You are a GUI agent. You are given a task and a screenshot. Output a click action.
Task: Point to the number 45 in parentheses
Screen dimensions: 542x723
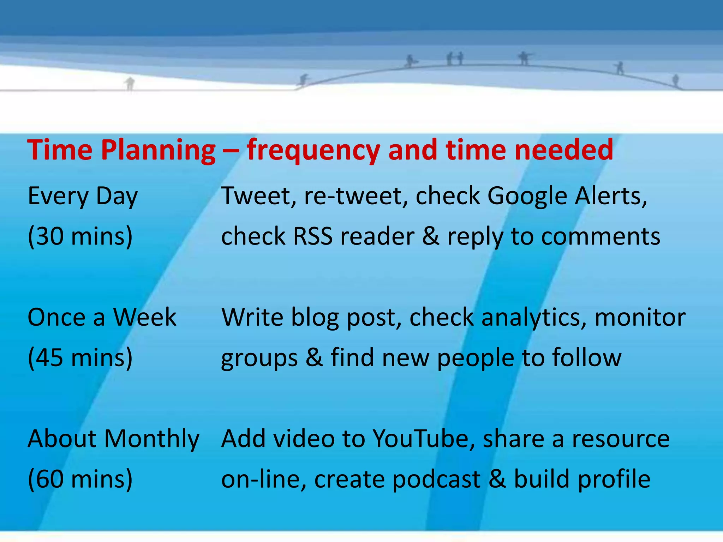(49, 357)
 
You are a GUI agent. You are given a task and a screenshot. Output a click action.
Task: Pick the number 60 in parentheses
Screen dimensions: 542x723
(49, 479)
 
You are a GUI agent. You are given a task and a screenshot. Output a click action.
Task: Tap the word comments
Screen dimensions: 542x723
(600, 236)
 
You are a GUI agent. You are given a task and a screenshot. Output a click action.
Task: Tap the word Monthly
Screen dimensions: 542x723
(152, 439)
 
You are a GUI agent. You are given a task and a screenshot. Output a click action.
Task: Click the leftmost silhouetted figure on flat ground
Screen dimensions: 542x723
(130, 84)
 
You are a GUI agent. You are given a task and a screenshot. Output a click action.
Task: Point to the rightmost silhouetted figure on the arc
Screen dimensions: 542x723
(675, 80)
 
